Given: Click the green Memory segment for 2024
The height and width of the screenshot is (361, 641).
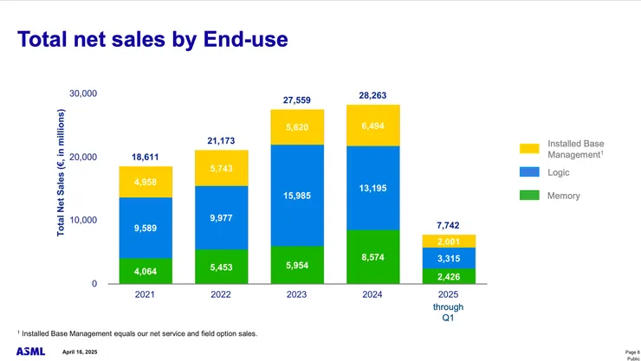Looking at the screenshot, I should [372, 257].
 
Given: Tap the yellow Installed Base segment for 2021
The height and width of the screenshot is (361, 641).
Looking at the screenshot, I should [146, 182].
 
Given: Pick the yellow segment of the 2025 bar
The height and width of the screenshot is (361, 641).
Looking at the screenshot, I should [449, 241].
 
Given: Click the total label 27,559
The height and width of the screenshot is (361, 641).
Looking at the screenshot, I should [297, 100].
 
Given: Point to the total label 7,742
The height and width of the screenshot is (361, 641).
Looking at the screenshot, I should [449, 225].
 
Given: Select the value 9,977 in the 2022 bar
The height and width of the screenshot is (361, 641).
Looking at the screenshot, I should [221, 217].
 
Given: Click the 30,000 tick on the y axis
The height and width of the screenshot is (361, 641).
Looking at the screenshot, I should [83, 93].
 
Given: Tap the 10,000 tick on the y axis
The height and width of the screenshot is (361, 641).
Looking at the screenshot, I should [83, 221].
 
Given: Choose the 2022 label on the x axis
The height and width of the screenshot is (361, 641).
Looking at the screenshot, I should [221, 295].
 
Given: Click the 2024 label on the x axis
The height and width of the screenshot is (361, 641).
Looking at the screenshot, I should [372, 295].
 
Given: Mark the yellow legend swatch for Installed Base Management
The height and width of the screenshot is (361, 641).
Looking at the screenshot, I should [528, 149].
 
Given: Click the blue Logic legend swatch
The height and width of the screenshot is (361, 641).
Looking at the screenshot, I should [528, 172].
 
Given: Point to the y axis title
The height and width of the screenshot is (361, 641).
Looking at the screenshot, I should [62, 173].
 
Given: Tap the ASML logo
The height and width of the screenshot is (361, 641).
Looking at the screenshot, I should [30, 351].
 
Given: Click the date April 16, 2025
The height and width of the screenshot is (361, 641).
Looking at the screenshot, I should [80, 351].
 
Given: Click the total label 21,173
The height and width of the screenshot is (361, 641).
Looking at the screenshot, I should [221, 140].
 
